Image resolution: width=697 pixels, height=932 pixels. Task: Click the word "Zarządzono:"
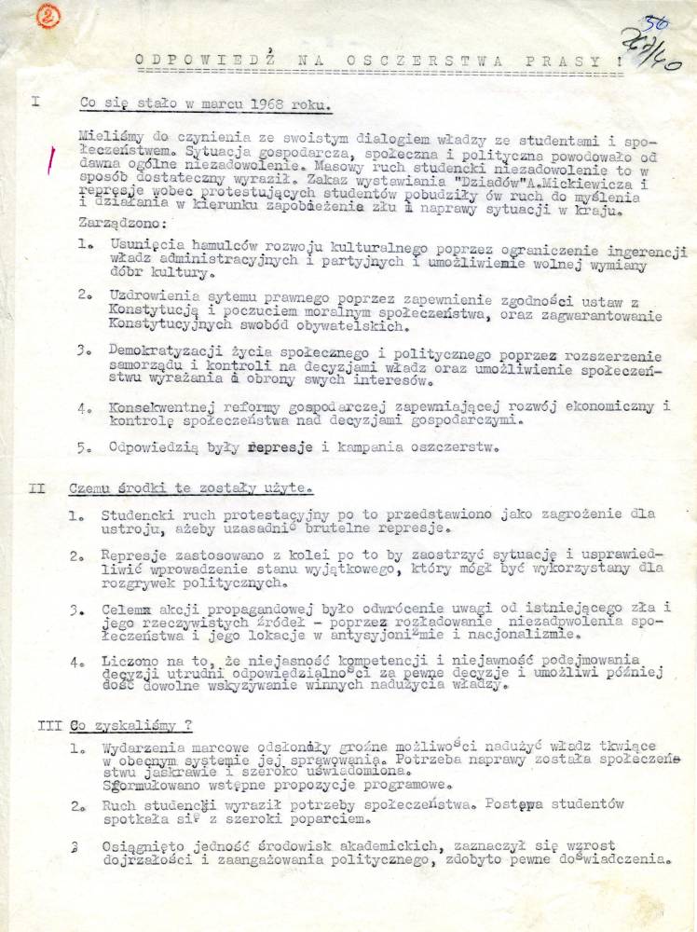pyautogui.click(x=122, y=225)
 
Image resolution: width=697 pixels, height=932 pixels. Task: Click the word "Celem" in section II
pyautogui.click(x=127, y=608)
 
